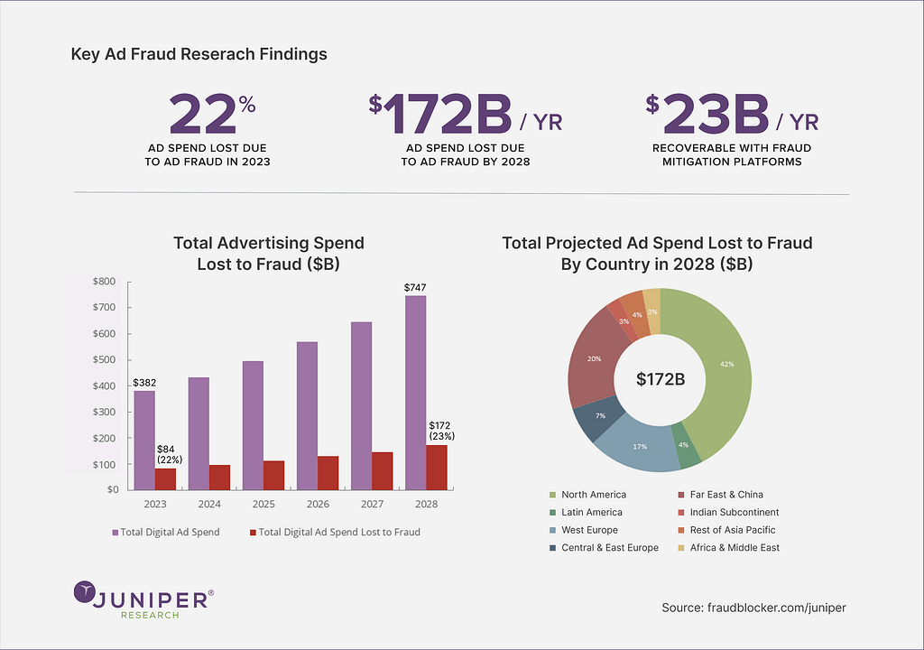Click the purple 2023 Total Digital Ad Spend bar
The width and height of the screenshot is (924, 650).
point(143,440)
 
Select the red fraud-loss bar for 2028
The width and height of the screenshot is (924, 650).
point(437,467)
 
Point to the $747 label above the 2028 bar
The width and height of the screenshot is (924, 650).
point(415,288)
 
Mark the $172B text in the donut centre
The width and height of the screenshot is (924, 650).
point(661,379)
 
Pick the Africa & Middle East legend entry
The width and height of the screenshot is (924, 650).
point(732,547)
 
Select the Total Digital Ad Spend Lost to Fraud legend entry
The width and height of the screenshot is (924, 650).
point(339,532)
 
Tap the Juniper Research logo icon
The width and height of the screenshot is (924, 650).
point(86,593)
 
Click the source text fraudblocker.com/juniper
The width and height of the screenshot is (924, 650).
point(753,608)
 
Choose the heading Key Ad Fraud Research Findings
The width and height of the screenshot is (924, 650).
point(199,54)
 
